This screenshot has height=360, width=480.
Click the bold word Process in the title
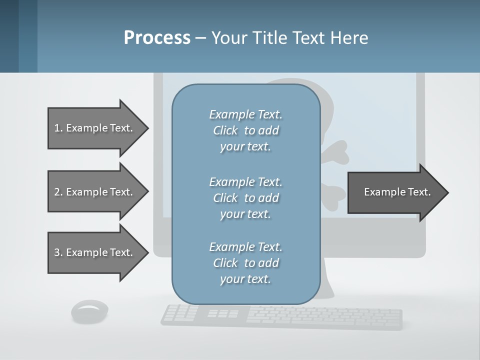(157, 37)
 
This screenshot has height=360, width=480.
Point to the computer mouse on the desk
(90, 311)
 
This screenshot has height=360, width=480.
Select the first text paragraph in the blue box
(245, 130)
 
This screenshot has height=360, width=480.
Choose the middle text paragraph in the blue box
(245, 198)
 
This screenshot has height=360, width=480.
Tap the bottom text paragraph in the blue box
(245, 263)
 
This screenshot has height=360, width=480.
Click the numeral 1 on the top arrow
(57, 128)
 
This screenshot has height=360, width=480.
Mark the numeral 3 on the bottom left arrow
(57, 253)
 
